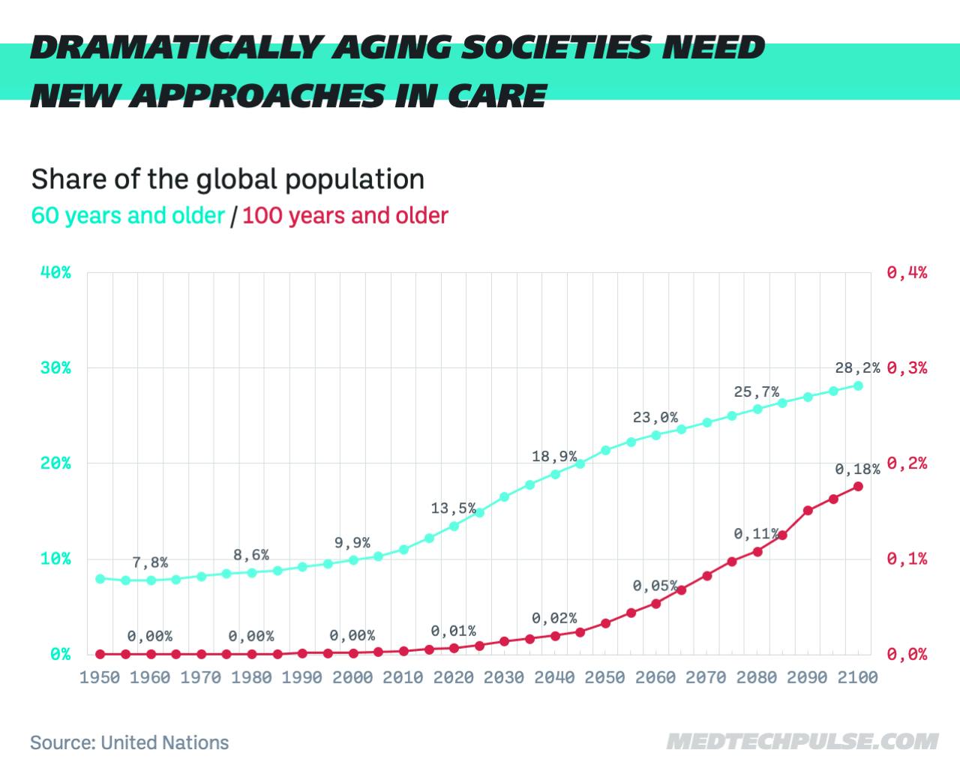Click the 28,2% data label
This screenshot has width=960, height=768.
(857, 368)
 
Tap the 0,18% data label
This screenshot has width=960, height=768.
(857, 469)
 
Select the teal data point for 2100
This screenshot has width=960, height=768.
(858, 385)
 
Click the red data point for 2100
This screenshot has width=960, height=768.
(858, 487)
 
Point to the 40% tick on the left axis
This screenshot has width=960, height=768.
(55, 272)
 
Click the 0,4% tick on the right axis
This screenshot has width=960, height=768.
(907, 272)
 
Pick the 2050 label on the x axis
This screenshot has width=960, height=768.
(604, 677)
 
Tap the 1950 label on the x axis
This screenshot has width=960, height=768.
(100, 677)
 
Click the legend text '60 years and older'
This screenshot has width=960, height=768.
(128, 216)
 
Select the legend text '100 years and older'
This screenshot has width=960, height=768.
(345, 216)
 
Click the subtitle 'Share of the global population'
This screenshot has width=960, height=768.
(228, 179)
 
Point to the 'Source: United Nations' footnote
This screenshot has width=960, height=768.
(129, 742)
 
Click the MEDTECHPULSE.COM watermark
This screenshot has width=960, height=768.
(802, 742)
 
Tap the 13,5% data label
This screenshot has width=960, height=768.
(453, 508)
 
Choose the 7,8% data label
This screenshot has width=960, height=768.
(150, 562)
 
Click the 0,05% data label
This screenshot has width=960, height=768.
(655, 586)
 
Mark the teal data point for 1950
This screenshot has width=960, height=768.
(100, 579)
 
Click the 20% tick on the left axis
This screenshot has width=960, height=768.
(55, 463)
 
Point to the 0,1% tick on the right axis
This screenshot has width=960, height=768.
(907, 559)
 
